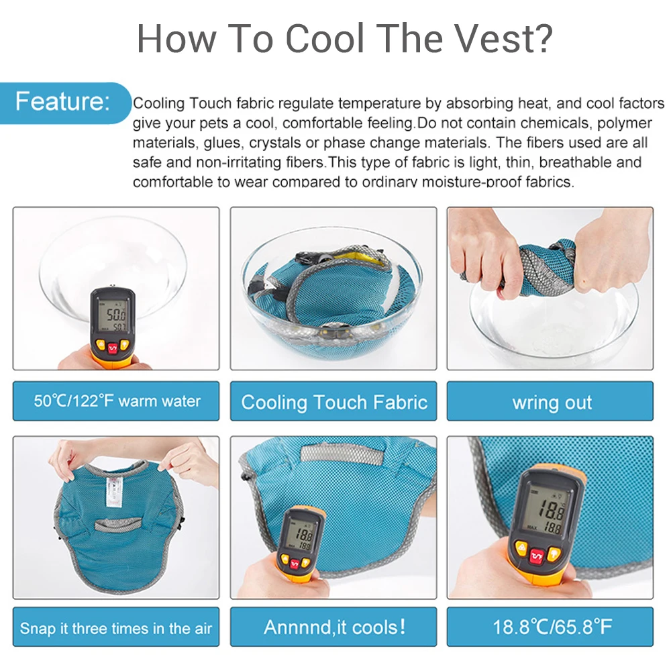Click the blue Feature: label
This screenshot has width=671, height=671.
[62, 102]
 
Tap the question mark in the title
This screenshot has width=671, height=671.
[541, 39]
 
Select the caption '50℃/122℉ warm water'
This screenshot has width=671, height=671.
[117, 401]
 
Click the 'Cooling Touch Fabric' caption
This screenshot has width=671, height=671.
[333, 402]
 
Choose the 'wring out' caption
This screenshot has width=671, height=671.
[552, 403]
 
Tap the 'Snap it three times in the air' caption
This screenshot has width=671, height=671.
[116, 628]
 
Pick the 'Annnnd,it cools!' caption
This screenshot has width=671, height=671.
[333, 627]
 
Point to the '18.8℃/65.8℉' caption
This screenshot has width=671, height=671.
[552, 627]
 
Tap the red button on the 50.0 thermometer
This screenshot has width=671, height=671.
[113, 348]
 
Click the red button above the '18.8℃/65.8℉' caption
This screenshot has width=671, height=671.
[537, 554]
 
